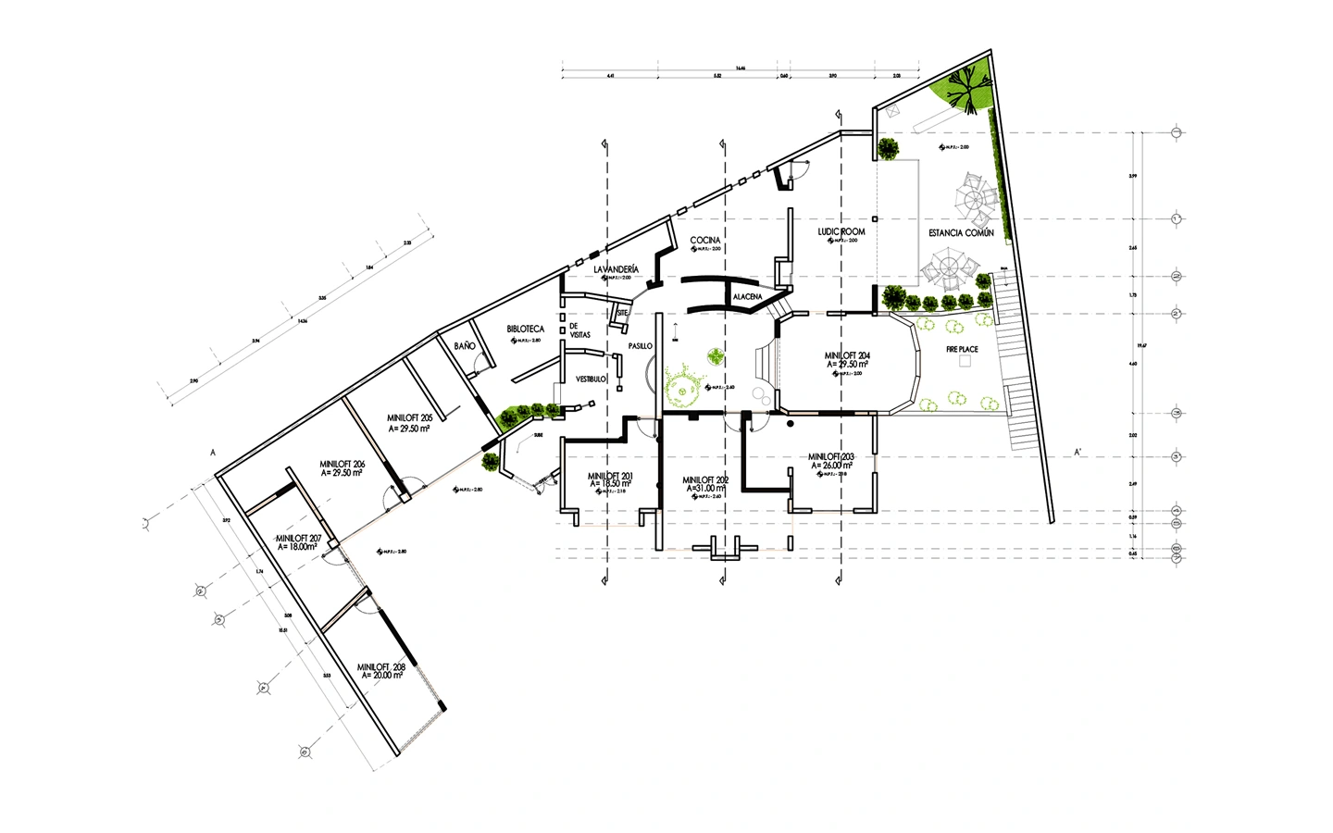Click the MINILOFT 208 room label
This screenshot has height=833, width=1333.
pos(380,666)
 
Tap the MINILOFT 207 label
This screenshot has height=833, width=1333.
pos(298,538)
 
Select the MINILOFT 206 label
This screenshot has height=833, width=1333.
pos(342,463)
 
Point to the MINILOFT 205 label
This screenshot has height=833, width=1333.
pos(410,418)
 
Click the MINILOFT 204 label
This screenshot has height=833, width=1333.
pos(847,355)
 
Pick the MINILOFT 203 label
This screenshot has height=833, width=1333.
pos(830,456)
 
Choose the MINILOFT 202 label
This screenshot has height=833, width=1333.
pos(705,479)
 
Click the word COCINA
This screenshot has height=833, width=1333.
pos(704,240)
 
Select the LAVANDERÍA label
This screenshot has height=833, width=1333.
pos(617,268)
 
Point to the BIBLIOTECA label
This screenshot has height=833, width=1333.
pos(525,329)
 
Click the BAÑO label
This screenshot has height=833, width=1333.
pos(465,345)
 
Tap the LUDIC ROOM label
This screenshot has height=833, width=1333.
pos(841,231)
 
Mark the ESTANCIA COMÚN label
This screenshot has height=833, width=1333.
pos(961,233)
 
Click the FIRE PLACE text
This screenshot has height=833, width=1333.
pos(962,350)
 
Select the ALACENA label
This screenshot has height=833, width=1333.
pos(747,296)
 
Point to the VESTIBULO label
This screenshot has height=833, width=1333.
pos(592,379)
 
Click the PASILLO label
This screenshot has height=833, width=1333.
pos(640,345)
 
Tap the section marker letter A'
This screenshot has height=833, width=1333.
pos(1078,453)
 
